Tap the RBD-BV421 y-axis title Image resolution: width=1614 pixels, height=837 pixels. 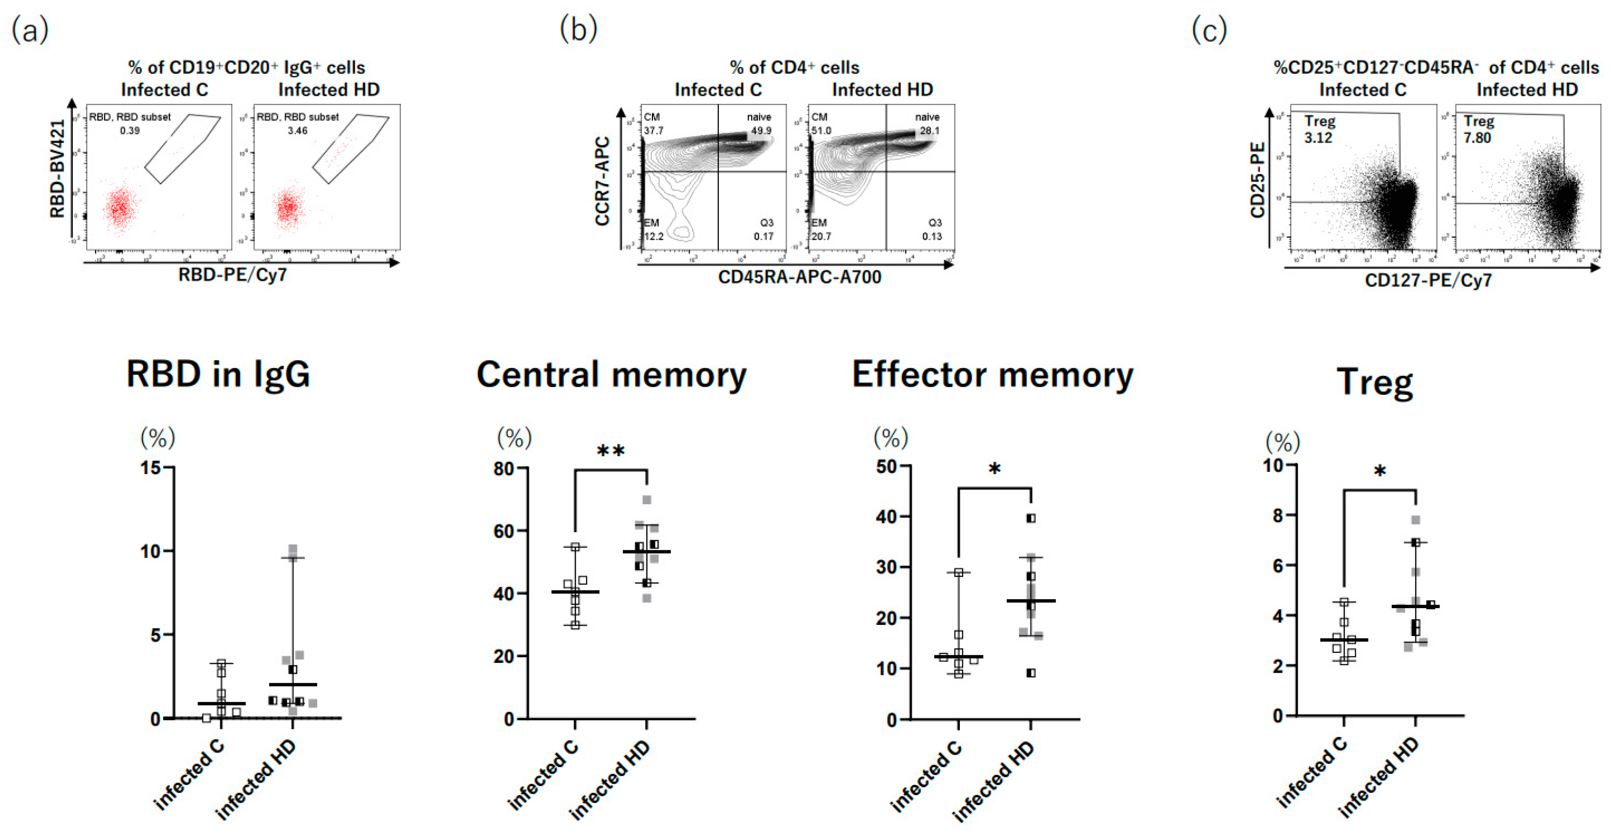pyautogui.click(x=58, y=169)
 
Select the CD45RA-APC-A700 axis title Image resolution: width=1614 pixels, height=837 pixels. pyautogui.click(x=799, y=277)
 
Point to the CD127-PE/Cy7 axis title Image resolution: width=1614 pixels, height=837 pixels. pyautogui.click(x=1429, y=280)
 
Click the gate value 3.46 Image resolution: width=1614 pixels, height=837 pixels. pyautogui.click(x=297, y=131)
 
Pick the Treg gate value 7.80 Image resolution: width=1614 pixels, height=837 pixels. pyautogui.click(x=1477, y=138)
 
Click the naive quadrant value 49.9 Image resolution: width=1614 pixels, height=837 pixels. pyautogui.click(x=761, y=131)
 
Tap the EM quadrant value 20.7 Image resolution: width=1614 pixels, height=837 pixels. pyautogui.click(x=821, y=236)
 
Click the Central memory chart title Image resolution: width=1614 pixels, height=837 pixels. pyautogui.click(x=611, y=374)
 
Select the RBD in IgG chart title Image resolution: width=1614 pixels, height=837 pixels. pyautogui.click(x=218, y=374)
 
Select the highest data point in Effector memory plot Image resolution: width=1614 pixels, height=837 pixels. pyautogui.click(x=1031, y=518)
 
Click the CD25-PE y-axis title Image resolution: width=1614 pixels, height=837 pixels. pyautogui.click(x=1257, y=180)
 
